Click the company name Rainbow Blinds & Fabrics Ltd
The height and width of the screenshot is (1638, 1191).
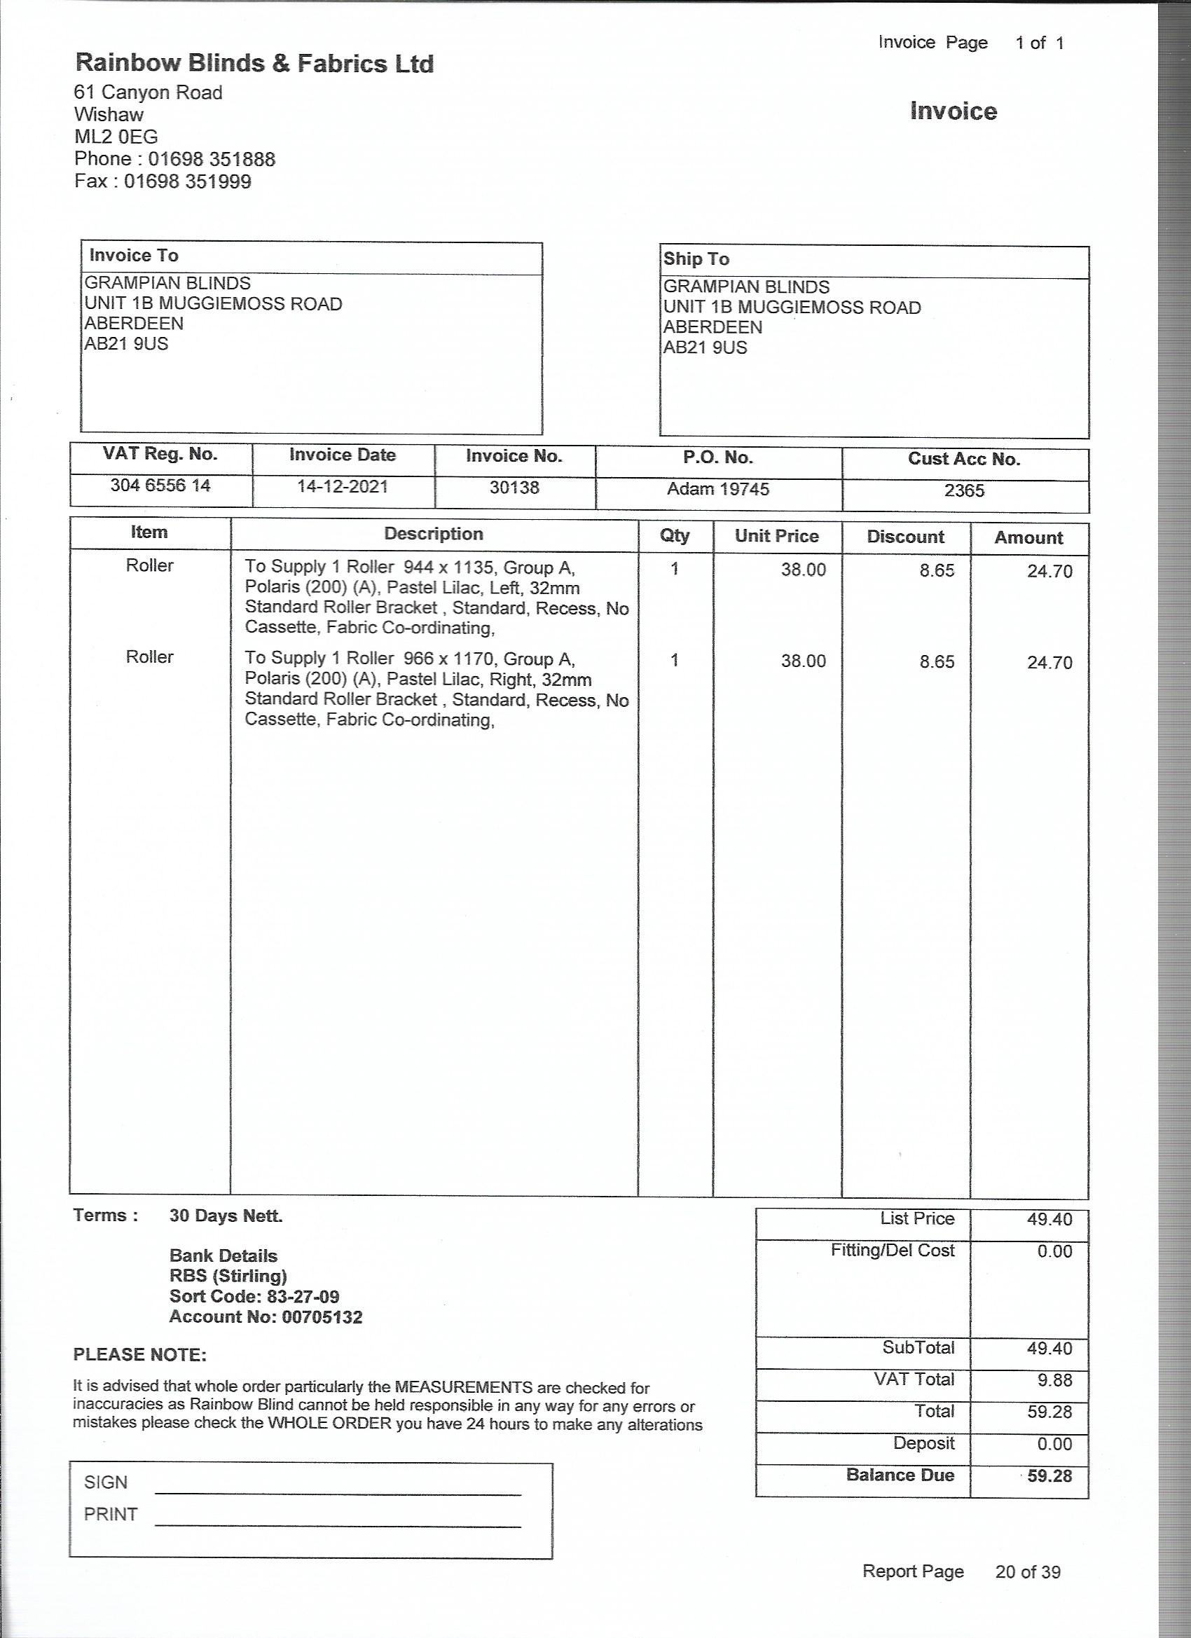tap(254, 64)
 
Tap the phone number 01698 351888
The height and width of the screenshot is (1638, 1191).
tap(212, 159)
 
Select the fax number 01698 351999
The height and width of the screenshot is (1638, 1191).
tap(187, 181)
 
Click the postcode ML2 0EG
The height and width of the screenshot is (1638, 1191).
tap(116, 137)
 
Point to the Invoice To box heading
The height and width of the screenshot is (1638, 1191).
tap(134, 256)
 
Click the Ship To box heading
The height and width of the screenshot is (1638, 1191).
tap(696, 259)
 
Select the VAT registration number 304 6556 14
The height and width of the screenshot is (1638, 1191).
tap(160, 486)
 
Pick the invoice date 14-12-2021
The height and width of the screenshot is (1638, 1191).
tap(343, 486)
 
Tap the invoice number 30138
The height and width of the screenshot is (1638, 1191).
tap(514, 488)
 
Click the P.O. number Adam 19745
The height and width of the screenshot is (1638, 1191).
tap(718, 489)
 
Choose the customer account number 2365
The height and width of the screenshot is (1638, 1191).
tap(964, 491)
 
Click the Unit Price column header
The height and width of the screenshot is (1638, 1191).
tap(776, 536)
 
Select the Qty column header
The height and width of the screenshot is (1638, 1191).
tap(675, 535)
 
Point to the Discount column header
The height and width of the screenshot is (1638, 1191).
tap(905, 537)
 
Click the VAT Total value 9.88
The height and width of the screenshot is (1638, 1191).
tap(1054, 1380)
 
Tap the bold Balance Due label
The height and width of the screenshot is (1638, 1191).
tap(900, 1475)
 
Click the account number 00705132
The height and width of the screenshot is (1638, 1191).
tap(322, 1316)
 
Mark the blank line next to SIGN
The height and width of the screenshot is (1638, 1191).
tap(337, 1488)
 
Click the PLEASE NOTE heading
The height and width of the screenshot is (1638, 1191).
tap(140, 1355)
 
